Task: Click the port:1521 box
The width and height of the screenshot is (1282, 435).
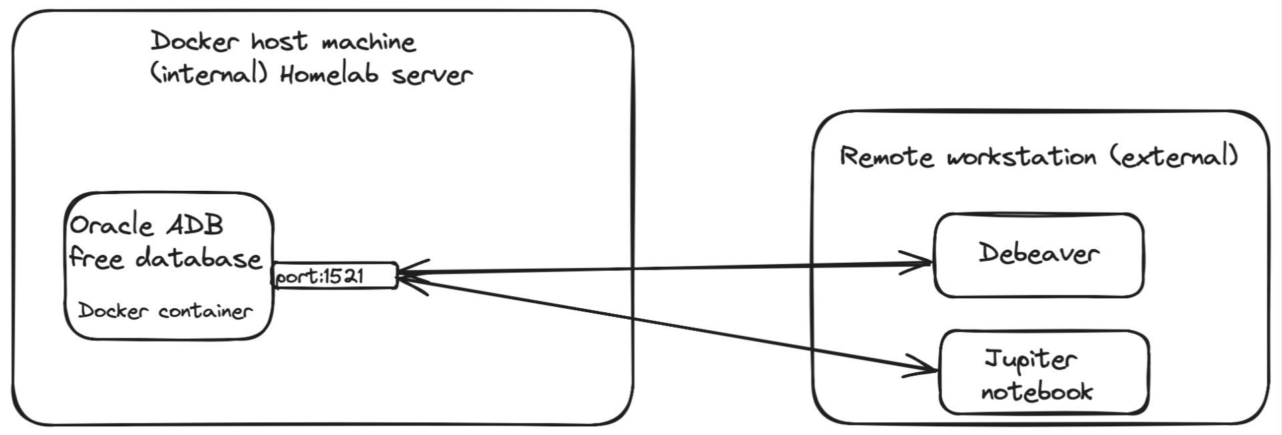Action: coord(335,276)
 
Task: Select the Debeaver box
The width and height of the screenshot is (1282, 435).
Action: coord(1038,255)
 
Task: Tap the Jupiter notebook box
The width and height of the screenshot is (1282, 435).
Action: coord(1044,372)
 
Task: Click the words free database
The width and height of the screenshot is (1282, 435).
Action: coord(166,258)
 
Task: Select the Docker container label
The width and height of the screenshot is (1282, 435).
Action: coord(165,311)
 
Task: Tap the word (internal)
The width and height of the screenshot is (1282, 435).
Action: coord(208,73)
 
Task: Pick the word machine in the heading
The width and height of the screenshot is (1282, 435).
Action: coord(369,43)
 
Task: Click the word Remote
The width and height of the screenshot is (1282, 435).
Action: coord(886,157)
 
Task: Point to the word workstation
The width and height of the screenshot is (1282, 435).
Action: coord(1022,157)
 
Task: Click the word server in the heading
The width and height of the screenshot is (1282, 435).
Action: coord(432,75)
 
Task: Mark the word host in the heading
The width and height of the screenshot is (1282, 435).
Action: coord(279,42)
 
